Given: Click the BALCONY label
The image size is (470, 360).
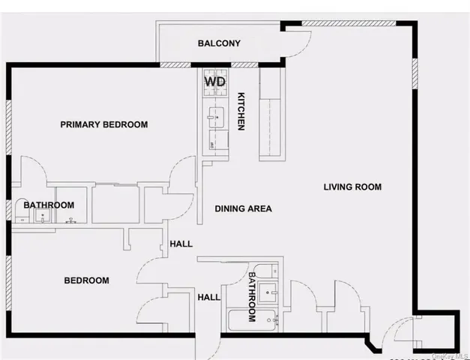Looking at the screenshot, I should (x=219, y=43).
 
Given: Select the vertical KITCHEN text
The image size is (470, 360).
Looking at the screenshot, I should (x=241, y=112).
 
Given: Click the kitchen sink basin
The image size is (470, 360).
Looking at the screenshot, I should (x=214, y=115).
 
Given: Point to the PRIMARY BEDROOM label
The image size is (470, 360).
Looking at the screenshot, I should (x=103, y=124).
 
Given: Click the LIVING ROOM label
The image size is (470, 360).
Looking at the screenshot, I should (x=352, y=187).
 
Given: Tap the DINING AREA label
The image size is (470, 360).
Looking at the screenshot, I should (x=243, y=208).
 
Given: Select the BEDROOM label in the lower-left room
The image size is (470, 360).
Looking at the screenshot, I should (x=86, y=280).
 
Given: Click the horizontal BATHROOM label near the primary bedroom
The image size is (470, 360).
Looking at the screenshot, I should (x=49, y=205).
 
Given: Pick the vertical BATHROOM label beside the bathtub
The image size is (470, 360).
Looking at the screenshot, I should (x=252, y=296).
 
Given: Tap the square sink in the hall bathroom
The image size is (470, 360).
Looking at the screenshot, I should (x=273, y=291).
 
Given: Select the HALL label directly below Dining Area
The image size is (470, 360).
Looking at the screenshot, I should (x=181, y=244).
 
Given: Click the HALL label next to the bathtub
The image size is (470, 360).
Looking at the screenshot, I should (x=208, y=297).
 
